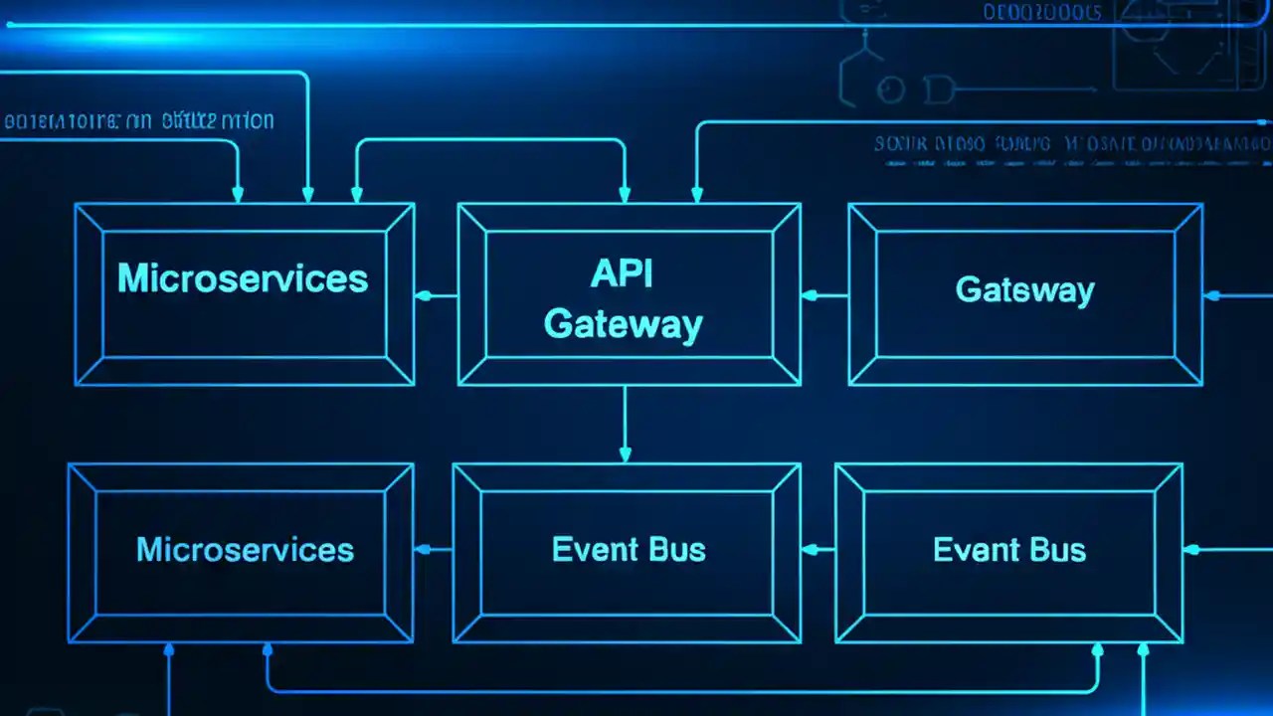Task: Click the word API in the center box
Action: pos(623,273)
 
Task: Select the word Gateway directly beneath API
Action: pos(624,324)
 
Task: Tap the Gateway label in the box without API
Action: pos(1024,290)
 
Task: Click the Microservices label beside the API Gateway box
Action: pos(243,278)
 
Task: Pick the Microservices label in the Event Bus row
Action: pos(245,550)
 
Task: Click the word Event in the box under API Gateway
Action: pos(587,550)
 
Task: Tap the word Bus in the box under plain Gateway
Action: pos(1060,550)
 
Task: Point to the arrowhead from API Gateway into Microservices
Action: pos(423,295)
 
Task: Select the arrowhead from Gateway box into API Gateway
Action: pos(809,295)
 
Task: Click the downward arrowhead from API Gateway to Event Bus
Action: pos(625,454)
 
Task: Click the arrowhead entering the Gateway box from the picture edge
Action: pos(1210,295)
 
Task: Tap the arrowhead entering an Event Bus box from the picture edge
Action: pos(1190,548)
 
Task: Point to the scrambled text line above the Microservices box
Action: pos(139,122)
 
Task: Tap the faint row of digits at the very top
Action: pos(1041,13)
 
